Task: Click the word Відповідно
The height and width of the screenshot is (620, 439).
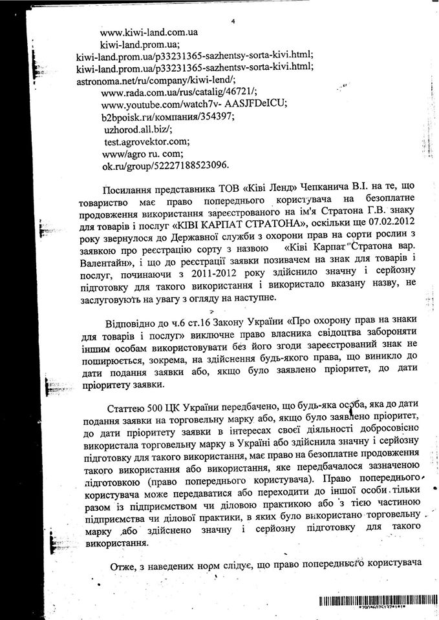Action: coord(130,325)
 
